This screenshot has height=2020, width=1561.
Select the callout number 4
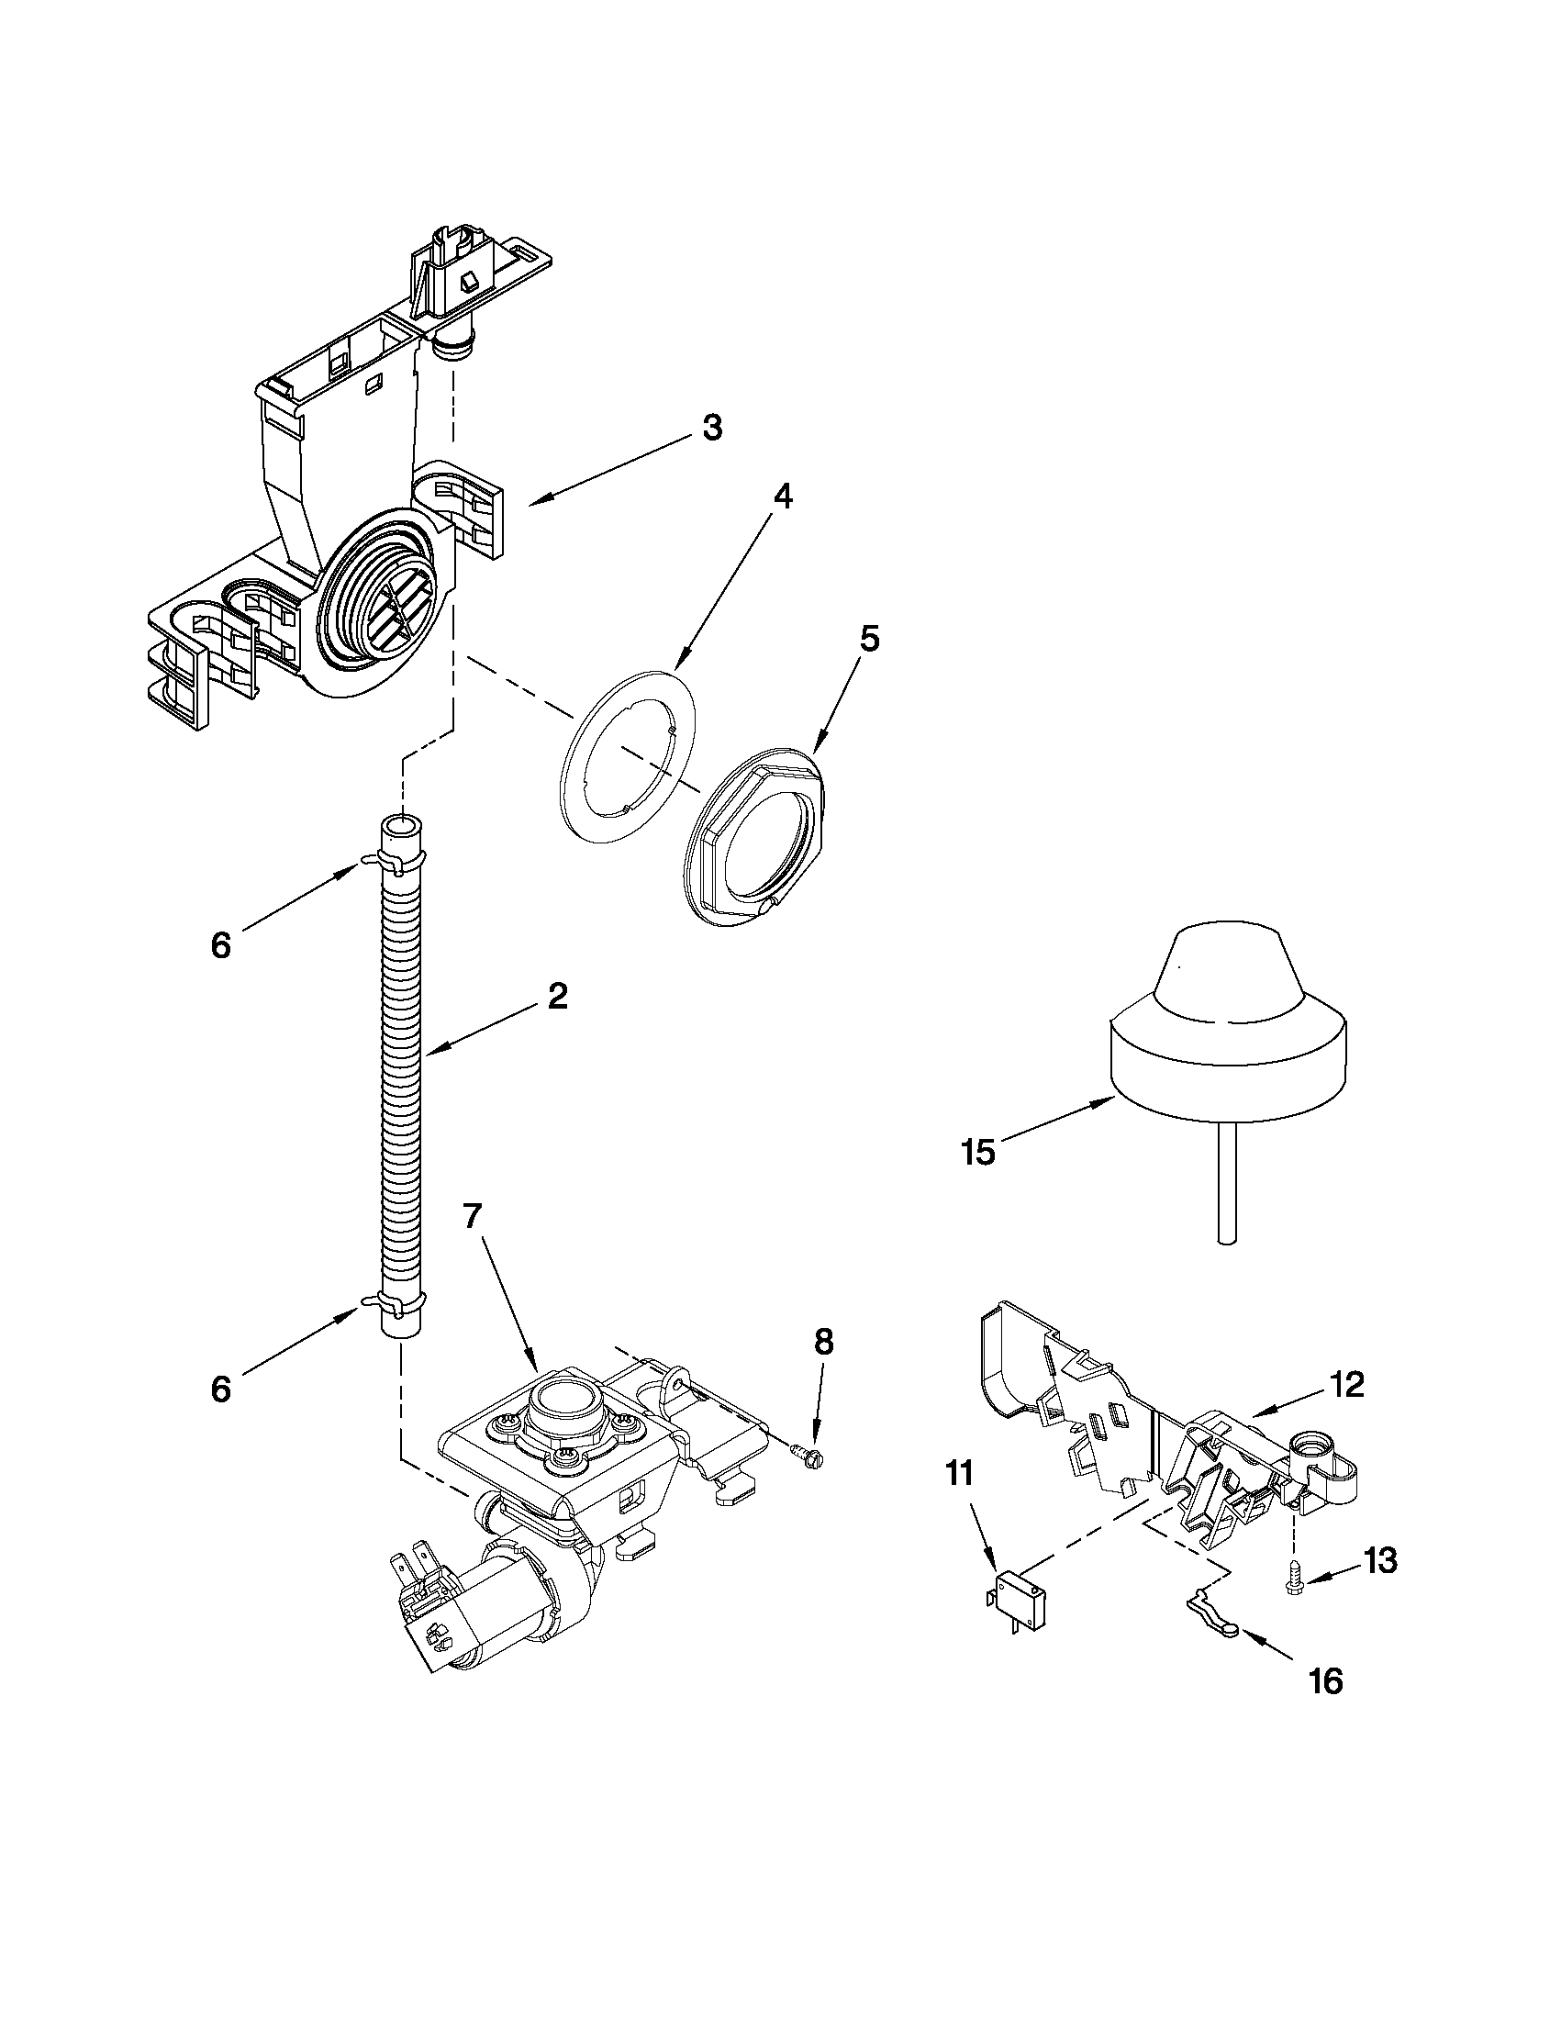[x=782, y=497]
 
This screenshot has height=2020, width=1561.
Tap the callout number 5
[x=869, y=638]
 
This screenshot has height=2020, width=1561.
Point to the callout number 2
[x=557, y=997]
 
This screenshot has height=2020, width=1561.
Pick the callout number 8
[x=823, y=1341]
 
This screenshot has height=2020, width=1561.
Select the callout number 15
[x=977, y=1153]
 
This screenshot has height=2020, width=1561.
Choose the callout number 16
[x=1326, y=1680]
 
